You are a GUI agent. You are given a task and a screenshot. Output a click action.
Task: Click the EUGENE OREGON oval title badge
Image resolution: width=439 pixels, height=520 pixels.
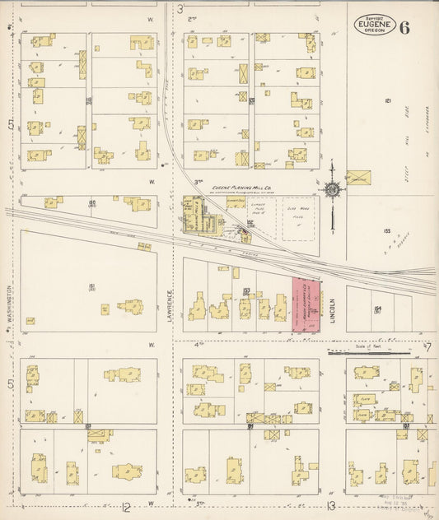375,26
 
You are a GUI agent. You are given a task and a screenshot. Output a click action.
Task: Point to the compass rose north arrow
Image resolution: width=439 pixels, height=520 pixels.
332,191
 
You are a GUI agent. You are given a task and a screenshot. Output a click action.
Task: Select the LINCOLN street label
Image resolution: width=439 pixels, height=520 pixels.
334,308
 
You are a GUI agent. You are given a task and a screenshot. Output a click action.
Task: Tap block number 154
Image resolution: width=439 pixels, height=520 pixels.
378,309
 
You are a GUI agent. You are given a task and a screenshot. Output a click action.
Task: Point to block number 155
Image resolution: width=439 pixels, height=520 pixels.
385,230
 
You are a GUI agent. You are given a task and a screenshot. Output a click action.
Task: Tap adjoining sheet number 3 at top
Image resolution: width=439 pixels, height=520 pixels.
180,9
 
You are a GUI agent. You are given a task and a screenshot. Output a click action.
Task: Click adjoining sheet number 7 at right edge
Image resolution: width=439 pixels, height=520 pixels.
428,347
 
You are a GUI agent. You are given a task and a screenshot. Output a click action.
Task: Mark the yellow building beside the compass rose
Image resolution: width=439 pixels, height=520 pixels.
357,178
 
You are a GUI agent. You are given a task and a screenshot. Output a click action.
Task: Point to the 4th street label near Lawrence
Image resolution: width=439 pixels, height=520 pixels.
198,345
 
